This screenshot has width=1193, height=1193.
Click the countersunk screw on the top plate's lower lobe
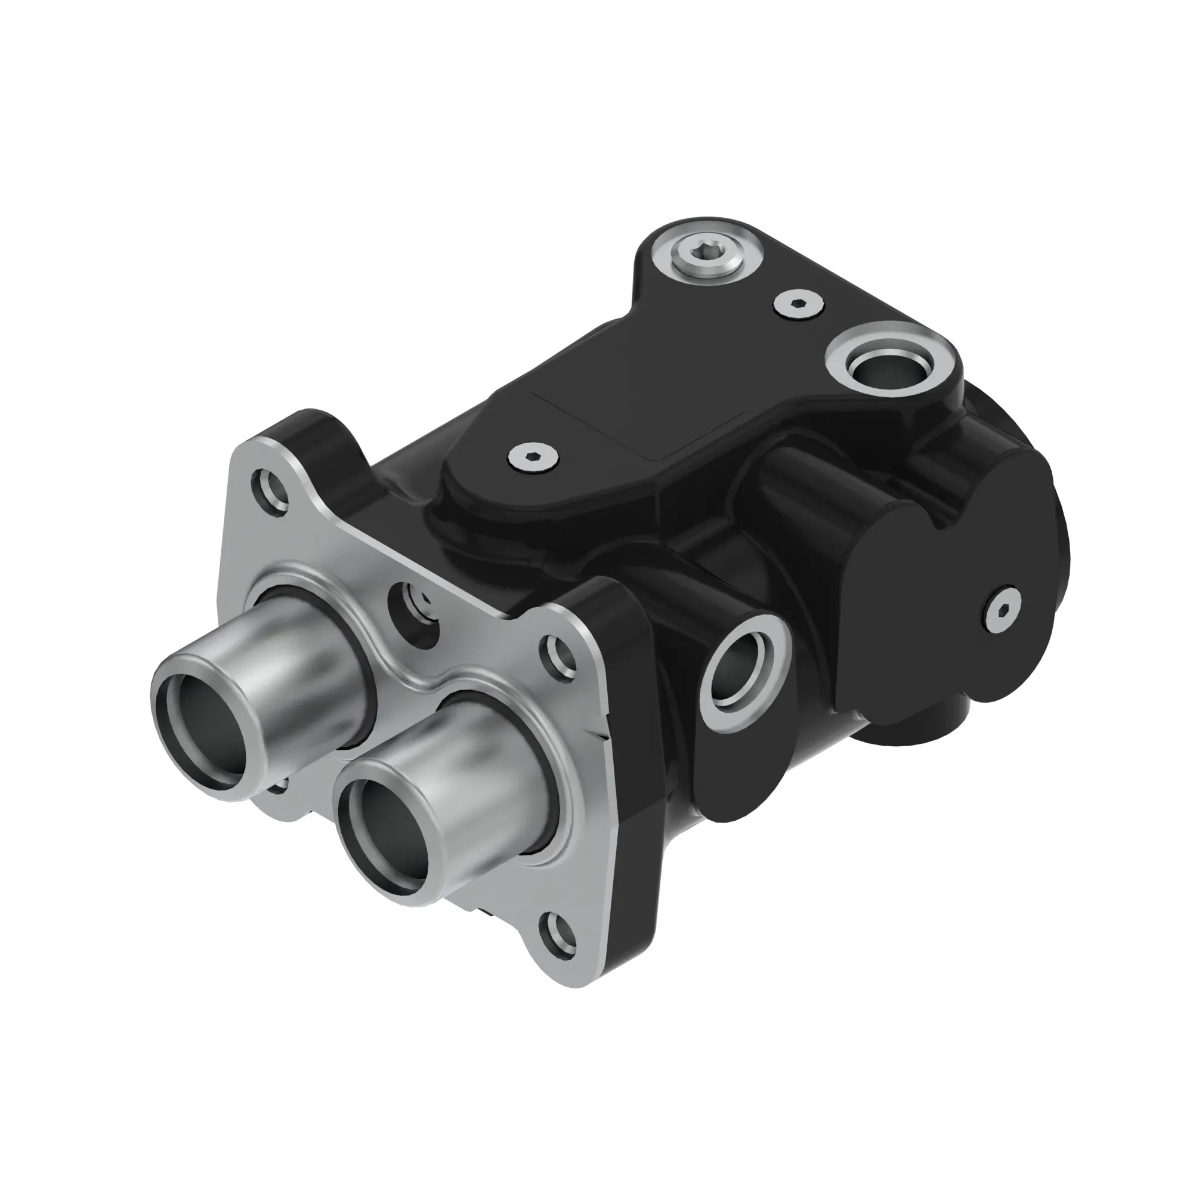coord(533,458)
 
